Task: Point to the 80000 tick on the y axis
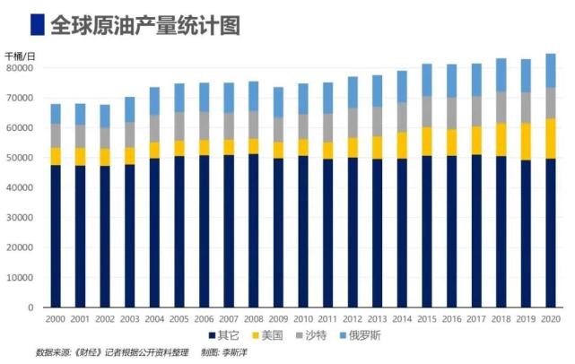[x=20, y=67]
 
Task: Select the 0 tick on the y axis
[x=31, y=308]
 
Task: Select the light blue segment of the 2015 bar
[x=426, y=80]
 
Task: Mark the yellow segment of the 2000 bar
[x=56, y=156]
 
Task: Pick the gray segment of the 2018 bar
[x=501, y=106]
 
